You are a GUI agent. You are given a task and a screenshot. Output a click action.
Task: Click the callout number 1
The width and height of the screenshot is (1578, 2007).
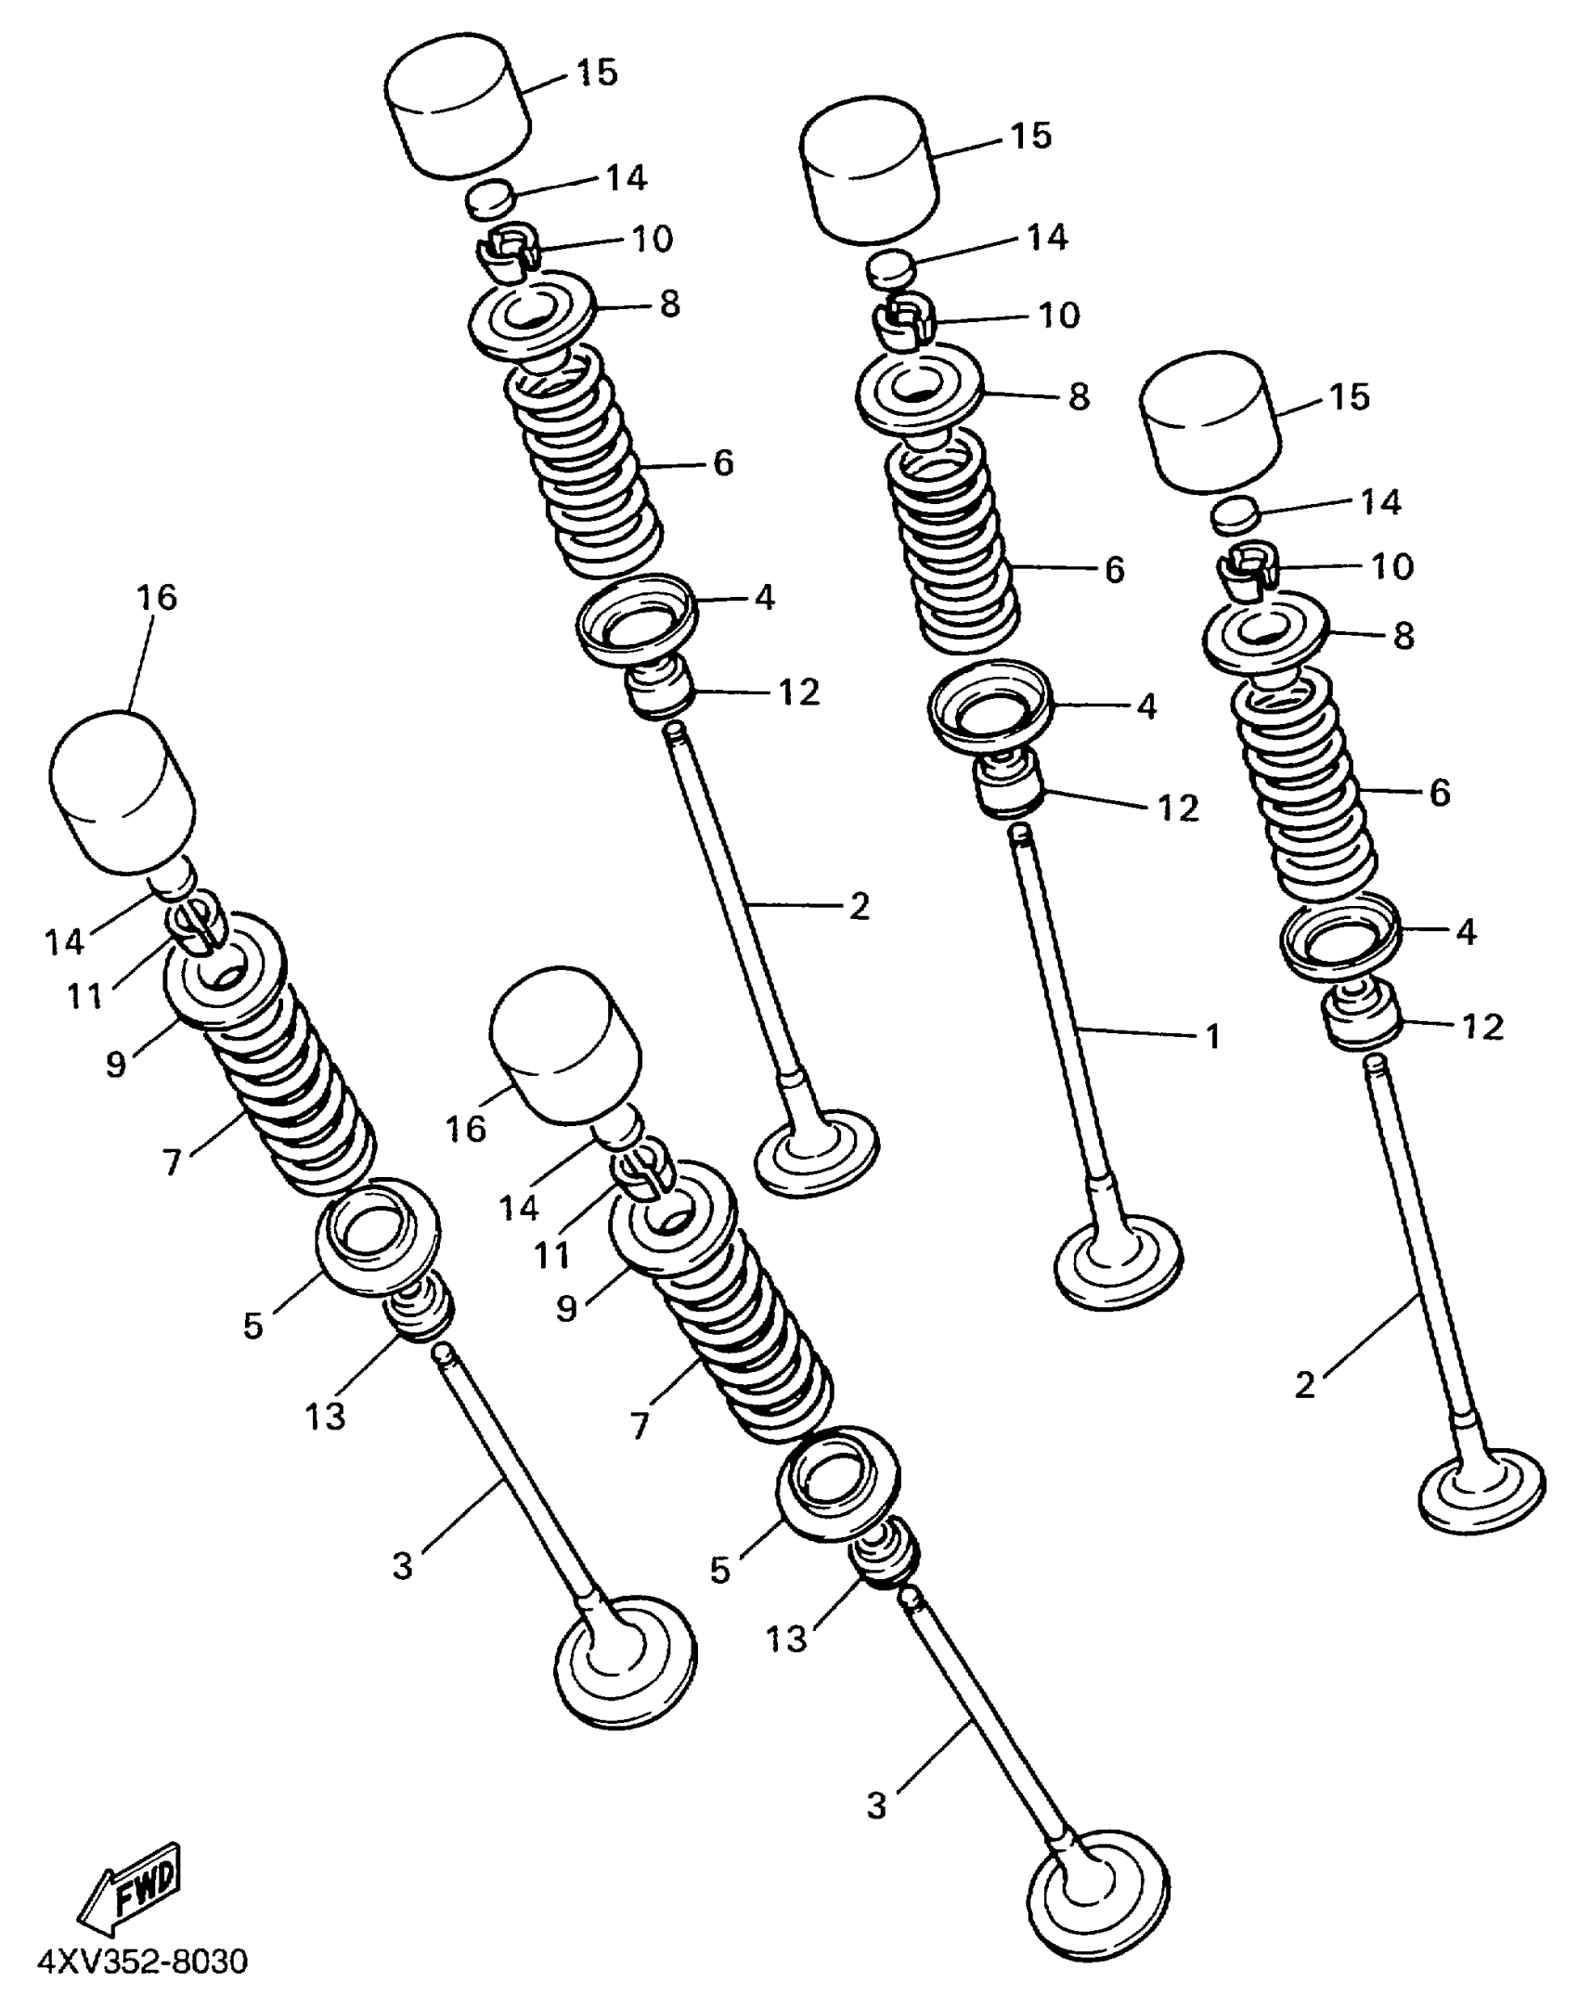click(1212, 1035)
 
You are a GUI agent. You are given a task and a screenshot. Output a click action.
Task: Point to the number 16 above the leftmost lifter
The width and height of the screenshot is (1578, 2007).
click(157, 597)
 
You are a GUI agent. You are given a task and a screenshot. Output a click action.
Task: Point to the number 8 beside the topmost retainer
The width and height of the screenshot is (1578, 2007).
click(669, 304)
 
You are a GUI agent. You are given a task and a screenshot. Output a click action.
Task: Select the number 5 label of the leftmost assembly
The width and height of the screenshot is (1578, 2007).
click(253, 1326)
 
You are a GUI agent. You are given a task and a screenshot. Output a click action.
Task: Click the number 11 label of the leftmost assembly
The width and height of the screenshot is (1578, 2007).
click(84, 995)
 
